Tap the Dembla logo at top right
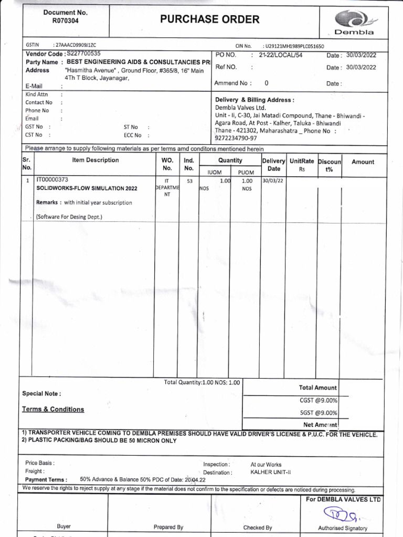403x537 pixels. [353, 22]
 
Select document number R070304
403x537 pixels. [65, 22]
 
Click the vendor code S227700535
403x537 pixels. [82, 53]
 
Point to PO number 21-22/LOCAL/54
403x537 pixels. [280, 55]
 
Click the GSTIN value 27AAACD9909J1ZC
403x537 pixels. [74, 46]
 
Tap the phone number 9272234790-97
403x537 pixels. [236, 138]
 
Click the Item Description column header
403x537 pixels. [96, 160]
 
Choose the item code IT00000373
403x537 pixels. [52, 179]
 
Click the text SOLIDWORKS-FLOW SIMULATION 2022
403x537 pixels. [87, 188]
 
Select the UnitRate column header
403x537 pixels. [302, 162]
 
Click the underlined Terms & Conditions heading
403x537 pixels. [52, 409]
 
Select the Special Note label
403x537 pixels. [41, 393]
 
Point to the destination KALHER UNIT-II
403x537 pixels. [271, 472]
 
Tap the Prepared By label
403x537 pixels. [168, 527]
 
